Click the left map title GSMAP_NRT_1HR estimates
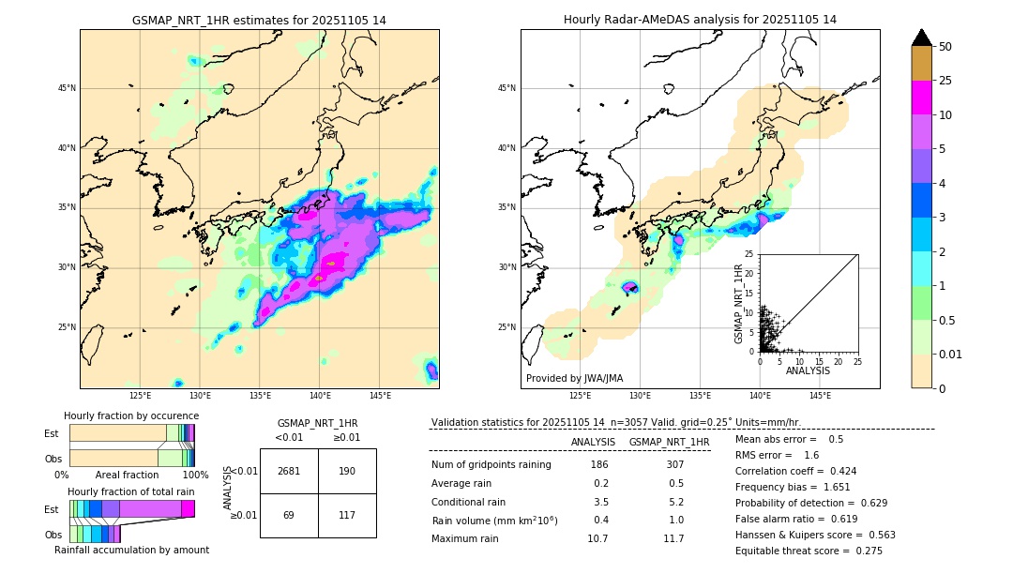coord(259,20)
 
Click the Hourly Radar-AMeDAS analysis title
coord(700,20)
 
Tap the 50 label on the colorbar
coord(945,47)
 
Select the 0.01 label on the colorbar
coord(951,354)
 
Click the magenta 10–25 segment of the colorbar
coord(921,98)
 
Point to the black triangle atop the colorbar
coord(921,38)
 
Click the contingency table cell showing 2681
coord(289,471)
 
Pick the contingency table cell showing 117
coord(347,515)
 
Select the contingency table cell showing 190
coord(347,471)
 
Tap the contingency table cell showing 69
coord(289,515)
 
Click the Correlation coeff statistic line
coord(795,471)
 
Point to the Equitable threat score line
coord(809,551)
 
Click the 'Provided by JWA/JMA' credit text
coord(574,379)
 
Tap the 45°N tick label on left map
coord(67,88)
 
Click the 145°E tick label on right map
coord(820,396)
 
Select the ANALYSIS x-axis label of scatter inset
coord(808,370)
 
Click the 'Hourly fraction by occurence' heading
coord(131,415)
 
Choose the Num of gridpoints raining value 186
coord(599,464)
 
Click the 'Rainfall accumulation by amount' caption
coord(131,550)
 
